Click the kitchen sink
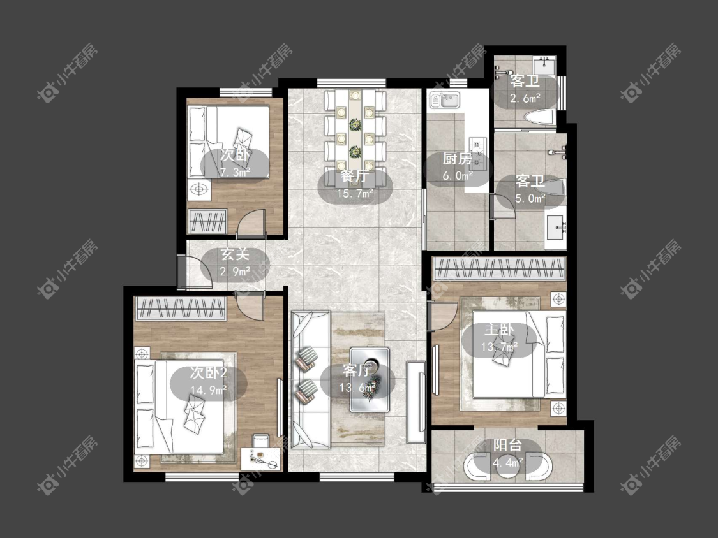coord(444,99)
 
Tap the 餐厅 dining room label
coord(355,176)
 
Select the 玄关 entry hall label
coord(236,254)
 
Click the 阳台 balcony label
coord(508,445)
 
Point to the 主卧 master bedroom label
coord(500,330)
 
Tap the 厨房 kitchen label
coord(457,159)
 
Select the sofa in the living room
coord(310,379)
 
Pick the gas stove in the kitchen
coord(478,153)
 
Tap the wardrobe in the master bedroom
coord(500,268)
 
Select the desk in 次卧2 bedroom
coord(262,458)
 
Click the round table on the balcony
coord(508,466)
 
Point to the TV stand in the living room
coord(415,402)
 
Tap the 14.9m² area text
coord(208,390)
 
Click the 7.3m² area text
coord(235,172)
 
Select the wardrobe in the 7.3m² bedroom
coord(208,221)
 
